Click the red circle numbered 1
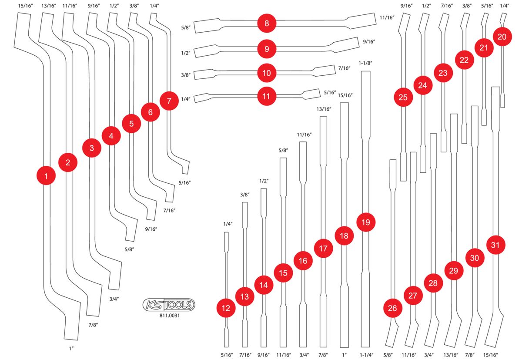coord(46,175)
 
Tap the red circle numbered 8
coord(267,24)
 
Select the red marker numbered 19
coord(366,222)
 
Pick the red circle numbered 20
coord(502,37)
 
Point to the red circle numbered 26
coord(393,308)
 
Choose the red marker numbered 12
coord(226,308)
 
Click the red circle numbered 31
coord(495,245)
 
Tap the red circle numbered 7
coord(169,101)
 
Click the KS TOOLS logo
coord(169,305)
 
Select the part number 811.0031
coord(169,316)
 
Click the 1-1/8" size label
coord(365,63)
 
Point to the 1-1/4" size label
coord(366,355)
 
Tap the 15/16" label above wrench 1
coord(25,6)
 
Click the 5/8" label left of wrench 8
coord(186,27)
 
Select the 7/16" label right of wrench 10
coord(344,68)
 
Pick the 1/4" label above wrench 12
coord(228,224)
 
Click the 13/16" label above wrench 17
coord(324,109)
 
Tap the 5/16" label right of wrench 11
coord(330,93)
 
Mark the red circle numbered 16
coord(303,261)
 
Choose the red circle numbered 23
coord(443,73)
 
